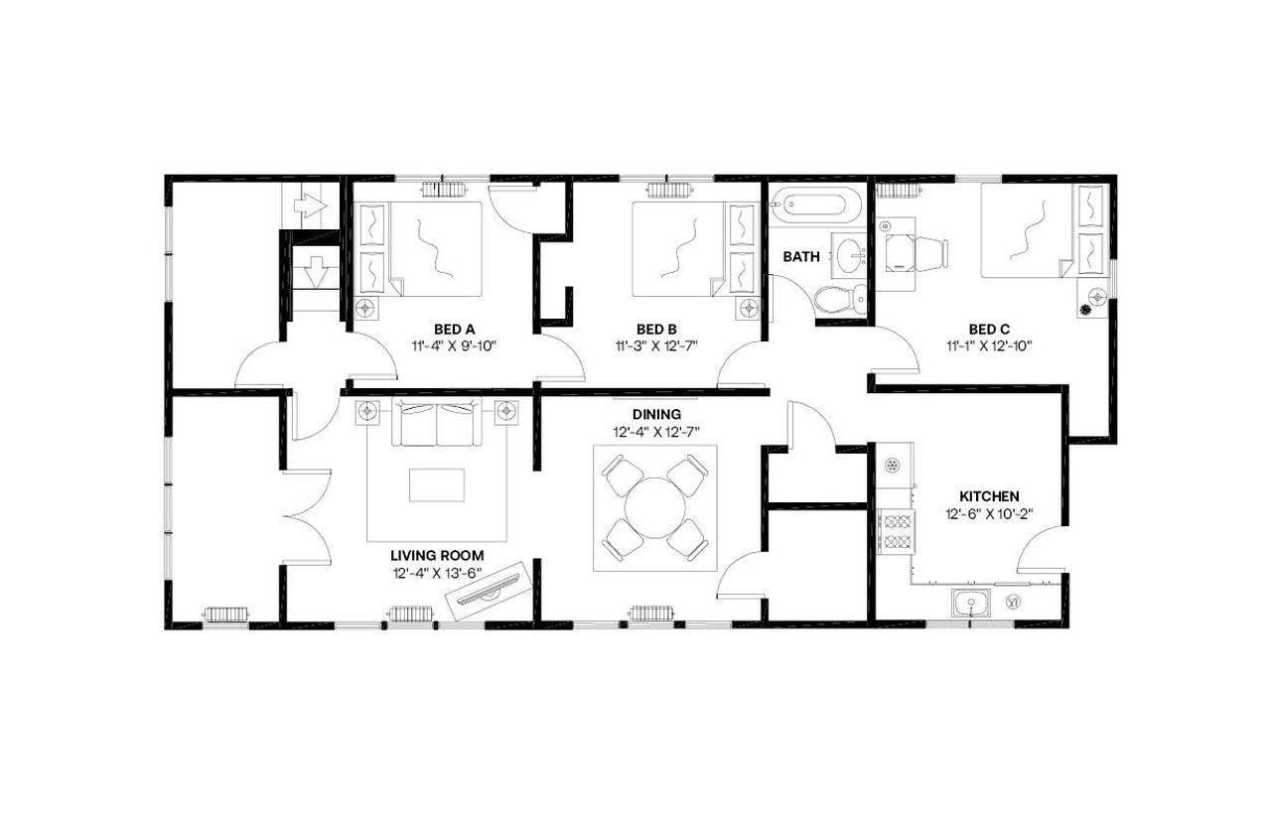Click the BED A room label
point(454,329)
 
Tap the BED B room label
point(656,329)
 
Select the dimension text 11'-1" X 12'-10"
point(989,346)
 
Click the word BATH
point(801,256)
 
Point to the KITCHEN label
point(988,495)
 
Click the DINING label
point(656,414)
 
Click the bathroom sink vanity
point(850,257)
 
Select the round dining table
point(656,507)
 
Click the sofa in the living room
point(438,426)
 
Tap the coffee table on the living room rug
point(437,484)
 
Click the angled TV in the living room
point(488,592)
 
